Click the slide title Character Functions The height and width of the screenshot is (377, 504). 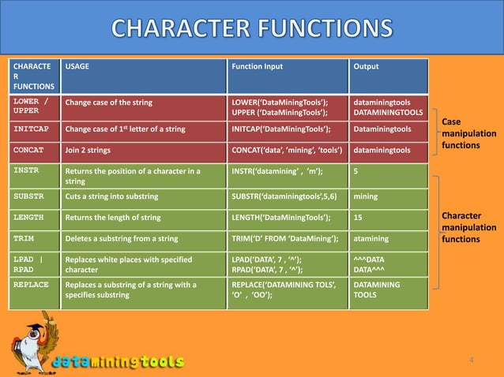251,28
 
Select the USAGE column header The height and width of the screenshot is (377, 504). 77,66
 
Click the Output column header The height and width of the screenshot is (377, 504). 366,66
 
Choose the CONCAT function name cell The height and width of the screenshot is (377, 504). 28,149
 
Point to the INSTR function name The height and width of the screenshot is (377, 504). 26,170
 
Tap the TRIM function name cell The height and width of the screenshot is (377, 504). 24,237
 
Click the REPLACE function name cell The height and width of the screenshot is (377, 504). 31,284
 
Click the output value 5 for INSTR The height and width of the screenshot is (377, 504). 356,170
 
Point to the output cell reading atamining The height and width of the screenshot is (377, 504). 372,238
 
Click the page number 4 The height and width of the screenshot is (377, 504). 472,360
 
